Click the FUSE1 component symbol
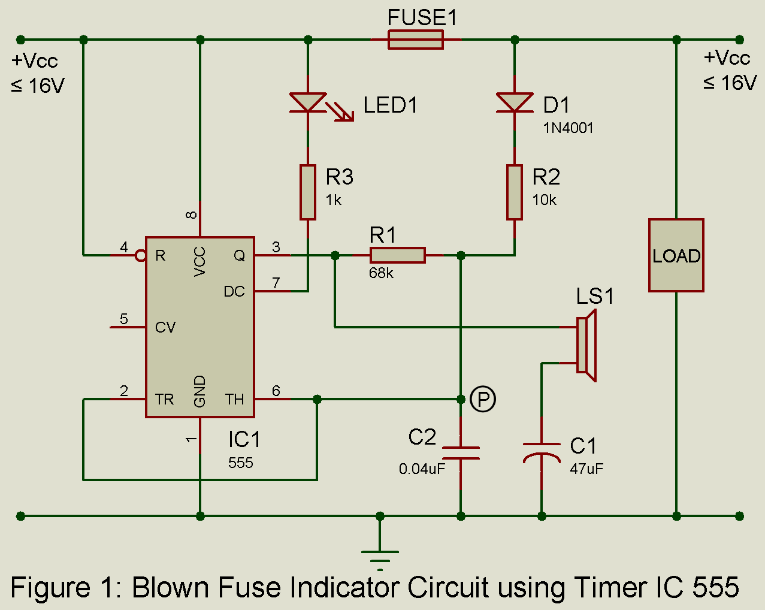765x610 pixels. pyautogui.click(x=416, y=40)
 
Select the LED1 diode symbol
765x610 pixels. pyautogui.click(x=308, y=102)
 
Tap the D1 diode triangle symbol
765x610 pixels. pyautogui.click(x=515, y=102)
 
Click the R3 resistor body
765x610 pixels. pyautogui.click(x=308, y=192)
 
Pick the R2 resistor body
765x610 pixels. pyautogui.click(x=515, y=192)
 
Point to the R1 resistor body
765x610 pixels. pyautogui.click(x=398, y=255)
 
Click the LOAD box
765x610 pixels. pyautogui.click(x=676, y=255)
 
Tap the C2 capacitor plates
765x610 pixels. pyautogui.click(x=461, y=453)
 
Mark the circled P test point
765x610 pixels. pyautogui.click(x=483, y=399)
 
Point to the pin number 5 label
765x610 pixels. pyautogui.click(x=124, y=319)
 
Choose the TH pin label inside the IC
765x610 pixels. pyautogui.click(x=235, y=400)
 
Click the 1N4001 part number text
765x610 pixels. pyautogui.click(x=568, y=128)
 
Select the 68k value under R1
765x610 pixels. pyautogui.click(x=382, y=273)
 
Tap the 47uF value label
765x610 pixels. pyautogui.click(x=586, y=469)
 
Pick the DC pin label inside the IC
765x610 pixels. pyautogui.click(x=234, y=292)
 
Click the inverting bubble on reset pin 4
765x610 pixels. pyautogui.click(x=141, y=256)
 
